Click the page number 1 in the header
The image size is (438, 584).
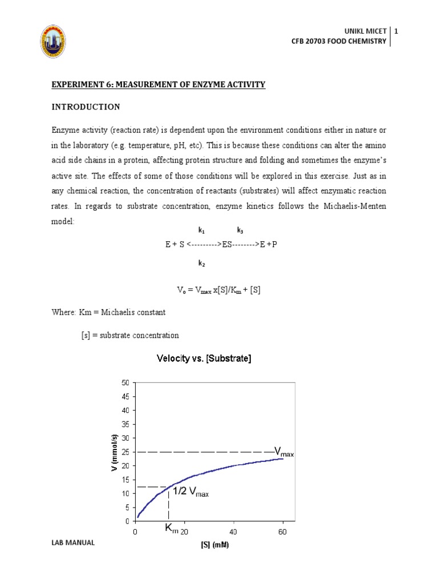(396, 30)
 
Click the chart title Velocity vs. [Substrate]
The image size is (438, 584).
(204, 359)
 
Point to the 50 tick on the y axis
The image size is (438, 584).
(125, 382)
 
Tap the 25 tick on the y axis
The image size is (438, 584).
(125, 452)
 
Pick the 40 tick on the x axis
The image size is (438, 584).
(233, 532)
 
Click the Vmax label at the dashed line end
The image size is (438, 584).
(283, 453)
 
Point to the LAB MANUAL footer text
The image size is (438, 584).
(72, 543)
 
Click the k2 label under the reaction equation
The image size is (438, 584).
(201, 263)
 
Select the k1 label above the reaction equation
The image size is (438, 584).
(201, 230)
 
